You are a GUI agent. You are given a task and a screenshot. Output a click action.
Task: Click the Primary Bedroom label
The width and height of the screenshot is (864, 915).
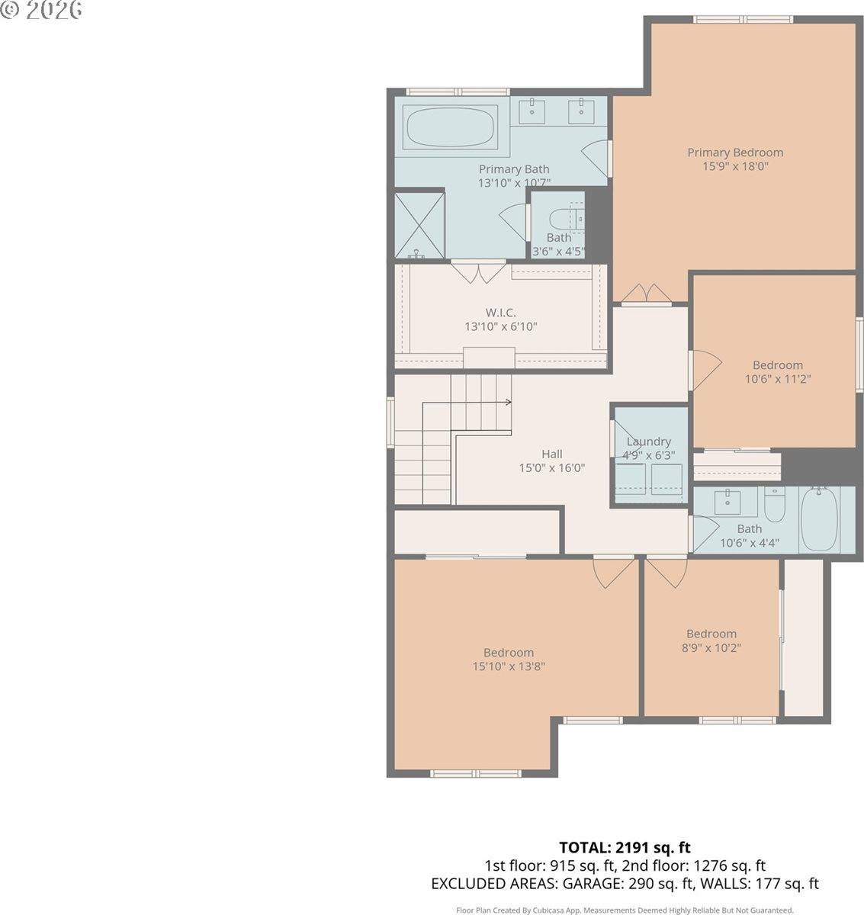tap(734, 152)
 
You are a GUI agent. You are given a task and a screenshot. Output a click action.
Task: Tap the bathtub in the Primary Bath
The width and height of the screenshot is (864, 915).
tap(449, 127)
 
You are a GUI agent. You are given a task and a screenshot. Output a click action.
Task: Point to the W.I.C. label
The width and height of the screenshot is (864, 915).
tap(500, 313)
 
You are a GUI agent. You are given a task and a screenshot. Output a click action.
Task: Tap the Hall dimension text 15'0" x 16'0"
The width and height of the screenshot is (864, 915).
tap(551, 468)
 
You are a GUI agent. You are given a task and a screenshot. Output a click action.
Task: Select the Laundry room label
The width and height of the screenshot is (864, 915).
tap(648, 441)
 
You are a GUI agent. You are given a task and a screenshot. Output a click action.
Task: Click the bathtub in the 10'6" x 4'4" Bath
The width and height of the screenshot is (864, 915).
tap(818, 518)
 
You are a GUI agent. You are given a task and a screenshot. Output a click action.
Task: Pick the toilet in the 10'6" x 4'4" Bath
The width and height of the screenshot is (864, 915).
tap(774, 506)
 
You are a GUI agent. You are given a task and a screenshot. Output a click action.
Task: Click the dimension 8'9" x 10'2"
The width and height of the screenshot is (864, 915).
tap(711, 648)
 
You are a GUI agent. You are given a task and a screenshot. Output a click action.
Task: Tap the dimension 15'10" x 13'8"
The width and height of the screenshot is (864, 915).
tap(508, 666)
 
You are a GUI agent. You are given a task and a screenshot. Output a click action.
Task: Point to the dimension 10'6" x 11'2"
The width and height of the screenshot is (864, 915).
tap(777, 378)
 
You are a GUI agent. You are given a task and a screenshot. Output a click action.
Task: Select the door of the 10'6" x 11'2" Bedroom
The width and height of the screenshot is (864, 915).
tap(703, 371)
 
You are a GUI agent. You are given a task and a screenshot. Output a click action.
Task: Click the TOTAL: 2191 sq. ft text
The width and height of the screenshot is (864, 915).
tap(625, 847)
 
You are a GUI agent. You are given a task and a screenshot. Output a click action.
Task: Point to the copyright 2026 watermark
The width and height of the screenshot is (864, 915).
tap(41, 10)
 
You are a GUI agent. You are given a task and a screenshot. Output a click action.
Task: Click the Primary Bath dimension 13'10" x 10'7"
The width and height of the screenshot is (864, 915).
tap(513, 183)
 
